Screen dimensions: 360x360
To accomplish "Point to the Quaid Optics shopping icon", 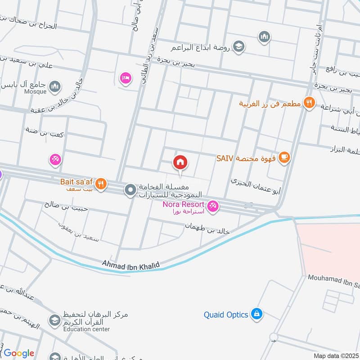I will [256, 314].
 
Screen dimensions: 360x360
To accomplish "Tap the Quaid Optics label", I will [226, 315].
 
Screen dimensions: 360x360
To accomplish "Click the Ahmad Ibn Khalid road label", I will [131, 264].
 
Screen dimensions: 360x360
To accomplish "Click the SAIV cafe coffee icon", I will [284, 157].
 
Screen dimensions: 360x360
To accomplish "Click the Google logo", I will [18, 353].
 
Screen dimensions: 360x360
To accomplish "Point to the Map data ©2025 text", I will [336, 355].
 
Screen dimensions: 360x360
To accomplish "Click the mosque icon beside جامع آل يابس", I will [55, 85].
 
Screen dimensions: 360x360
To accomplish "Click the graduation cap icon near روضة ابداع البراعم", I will [239, 46].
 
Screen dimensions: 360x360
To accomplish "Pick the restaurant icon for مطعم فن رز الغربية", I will [308, 103].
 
